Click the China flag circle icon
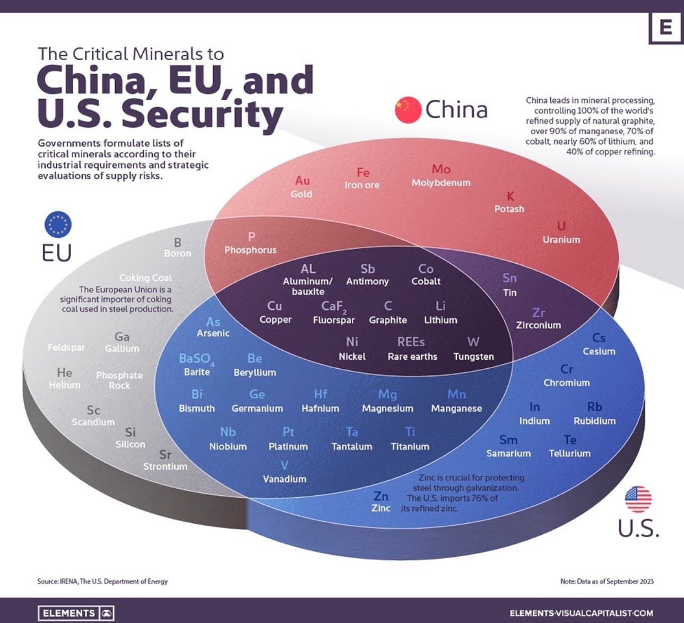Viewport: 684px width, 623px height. click(408, 110)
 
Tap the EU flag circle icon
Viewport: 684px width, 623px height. click(57, 224)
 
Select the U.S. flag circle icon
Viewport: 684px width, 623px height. click(638, 499)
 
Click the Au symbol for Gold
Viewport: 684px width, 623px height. click(302, 180)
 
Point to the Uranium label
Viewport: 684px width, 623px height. click(561, 240)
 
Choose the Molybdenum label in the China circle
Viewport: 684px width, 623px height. click(441, 183)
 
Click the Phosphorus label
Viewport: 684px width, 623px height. click(250, 250)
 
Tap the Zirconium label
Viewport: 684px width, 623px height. click(538, 325)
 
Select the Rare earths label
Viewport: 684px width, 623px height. click(412, 357)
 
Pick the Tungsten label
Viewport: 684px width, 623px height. click(473, 357)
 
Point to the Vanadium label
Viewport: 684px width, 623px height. click(284, 479)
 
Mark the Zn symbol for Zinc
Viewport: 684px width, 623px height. click(381, 496)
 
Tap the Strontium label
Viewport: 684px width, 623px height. click(165, 466)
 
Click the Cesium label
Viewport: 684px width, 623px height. click(599, 351)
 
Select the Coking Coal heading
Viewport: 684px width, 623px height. click(145, 278)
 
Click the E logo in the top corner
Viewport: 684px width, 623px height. click(665, 27)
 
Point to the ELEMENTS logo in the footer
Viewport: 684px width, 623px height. click(76, 613)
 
